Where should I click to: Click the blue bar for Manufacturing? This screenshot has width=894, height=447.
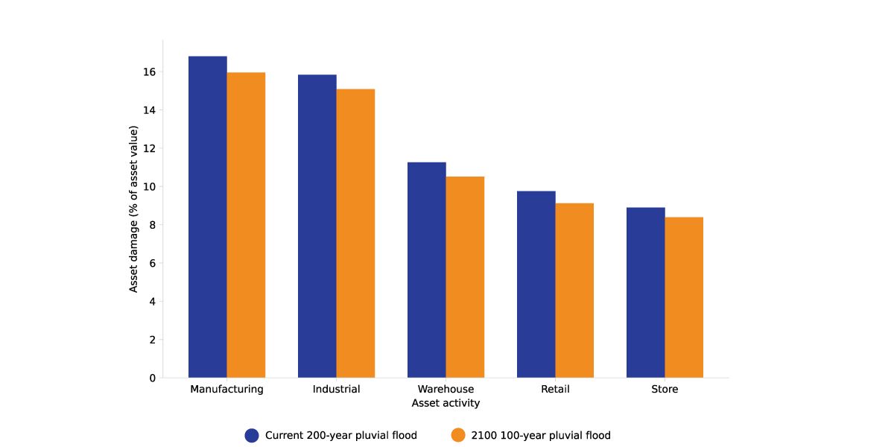207,217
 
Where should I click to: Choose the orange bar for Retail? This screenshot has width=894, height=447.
574,291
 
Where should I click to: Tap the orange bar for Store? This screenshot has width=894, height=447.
684,297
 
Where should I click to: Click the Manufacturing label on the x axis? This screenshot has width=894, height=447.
226,389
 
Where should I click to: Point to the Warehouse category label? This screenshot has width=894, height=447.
446,389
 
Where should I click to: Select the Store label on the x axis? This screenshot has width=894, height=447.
665,389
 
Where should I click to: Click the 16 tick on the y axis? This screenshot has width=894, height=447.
150,72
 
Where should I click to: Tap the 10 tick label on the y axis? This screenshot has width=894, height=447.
150,187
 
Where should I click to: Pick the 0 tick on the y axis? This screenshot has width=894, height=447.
152,378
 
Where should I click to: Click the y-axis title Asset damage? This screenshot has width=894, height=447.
134,209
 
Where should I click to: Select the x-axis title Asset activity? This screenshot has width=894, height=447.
446,403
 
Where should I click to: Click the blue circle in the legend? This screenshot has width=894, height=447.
252,436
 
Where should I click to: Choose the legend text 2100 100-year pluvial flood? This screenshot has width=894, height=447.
541,436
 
